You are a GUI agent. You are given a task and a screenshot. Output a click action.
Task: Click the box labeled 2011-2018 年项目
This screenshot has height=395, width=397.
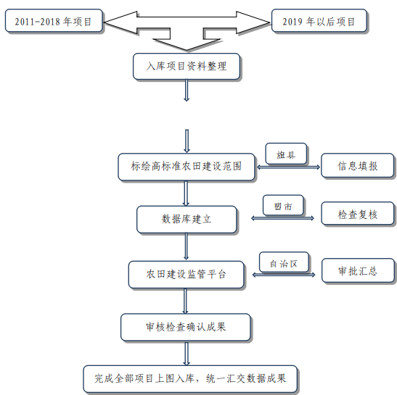54,21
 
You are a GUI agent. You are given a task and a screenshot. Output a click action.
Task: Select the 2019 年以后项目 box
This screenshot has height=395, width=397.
319,21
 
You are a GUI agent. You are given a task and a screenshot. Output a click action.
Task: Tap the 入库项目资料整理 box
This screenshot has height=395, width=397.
187,66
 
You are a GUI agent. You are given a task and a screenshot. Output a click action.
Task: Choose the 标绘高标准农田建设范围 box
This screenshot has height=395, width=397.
187,167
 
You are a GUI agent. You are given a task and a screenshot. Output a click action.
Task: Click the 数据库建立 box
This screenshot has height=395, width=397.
187,220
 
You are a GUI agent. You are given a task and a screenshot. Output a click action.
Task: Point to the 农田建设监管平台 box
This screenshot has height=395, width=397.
186,275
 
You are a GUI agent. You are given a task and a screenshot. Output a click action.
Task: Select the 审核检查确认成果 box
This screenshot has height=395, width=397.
186,327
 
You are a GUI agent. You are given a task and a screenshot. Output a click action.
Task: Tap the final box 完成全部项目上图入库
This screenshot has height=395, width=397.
190,378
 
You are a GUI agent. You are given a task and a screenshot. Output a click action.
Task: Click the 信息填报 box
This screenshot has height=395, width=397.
358,165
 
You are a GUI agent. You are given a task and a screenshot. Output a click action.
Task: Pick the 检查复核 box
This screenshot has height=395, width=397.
358,213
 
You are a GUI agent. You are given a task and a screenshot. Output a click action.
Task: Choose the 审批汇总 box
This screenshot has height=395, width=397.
358,270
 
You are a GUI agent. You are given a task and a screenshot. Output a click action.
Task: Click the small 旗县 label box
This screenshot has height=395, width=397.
286,154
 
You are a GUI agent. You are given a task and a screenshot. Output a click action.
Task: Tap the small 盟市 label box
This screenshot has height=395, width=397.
283,205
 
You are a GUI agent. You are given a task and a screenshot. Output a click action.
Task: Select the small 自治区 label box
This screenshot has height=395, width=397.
284,262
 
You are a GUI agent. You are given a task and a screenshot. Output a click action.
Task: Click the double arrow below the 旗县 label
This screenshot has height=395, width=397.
289,167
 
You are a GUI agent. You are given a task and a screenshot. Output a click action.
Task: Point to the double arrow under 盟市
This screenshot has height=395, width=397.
282,218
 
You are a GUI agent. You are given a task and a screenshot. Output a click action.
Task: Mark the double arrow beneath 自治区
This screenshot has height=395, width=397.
284,275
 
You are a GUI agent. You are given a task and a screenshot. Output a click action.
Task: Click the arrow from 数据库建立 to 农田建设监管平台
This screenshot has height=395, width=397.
187,246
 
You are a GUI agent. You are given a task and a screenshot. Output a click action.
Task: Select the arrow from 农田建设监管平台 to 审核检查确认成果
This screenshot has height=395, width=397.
185,301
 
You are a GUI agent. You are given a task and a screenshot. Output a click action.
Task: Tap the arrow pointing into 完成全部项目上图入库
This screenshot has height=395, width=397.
187,354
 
